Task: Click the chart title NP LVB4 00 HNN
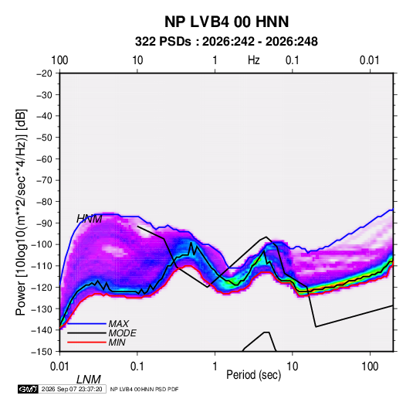[x=226, y=22]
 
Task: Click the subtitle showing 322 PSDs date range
[x=226, y=42]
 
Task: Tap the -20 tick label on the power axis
[x=44, y=73]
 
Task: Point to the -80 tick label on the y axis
[x=44, y=202]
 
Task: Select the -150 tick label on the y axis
[x=42, y=352]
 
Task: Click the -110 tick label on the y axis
[x=42, y=266]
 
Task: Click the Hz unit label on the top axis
[x=254, y=60]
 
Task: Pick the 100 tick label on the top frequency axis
[x=59, y=60]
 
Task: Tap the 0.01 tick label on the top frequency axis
[x=370, y=60]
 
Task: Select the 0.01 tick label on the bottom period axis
[x=59, y=366]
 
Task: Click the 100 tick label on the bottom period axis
[x=370, y=366]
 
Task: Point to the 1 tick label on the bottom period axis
[x=215, y=366]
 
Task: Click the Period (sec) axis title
[x=254, y=375]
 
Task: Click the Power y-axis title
[x=21, y=213]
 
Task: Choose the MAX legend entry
[x=119, y=324]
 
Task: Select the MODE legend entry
[x=122, y=333]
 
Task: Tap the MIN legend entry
[x=117, y=343]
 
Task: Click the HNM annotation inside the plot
[x=90, y=219]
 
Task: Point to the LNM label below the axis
[x=89, y=380]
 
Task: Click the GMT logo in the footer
[x=28, y=389]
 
